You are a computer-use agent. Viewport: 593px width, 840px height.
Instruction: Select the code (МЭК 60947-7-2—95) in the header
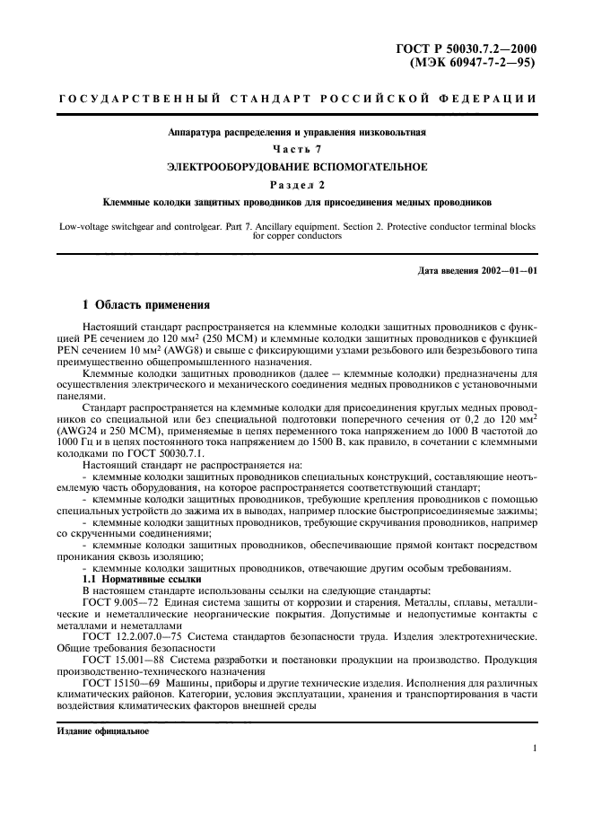(x=473, y=64)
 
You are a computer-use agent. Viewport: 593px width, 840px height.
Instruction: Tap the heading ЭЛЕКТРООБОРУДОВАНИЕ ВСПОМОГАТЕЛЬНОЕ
(x=295, y=166)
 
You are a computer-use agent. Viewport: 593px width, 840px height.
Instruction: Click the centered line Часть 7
(x=295, y=148)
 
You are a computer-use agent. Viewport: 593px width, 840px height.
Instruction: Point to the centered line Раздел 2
(x=295, y=184)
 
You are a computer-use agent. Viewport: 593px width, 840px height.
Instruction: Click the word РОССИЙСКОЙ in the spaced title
(x=357, y=97)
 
